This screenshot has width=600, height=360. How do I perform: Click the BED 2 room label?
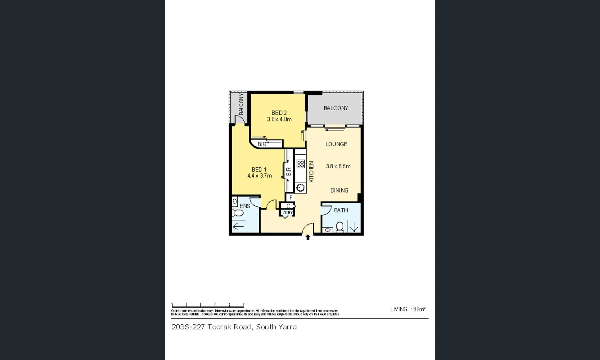click(279, 113)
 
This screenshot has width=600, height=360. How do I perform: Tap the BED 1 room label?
click(259, 170)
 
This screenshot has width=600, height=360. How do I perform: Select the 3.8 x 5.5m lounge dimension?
click(338, 166)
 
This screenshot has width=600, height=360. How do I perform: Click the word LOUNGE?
click(336, 144)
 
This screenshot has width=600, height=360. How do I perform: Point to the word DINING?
click(339, 190)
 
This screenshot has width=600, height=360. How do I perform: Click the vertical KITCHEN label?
click(311, 172)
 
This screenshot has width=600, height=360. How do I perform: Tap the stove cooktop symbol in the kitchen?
click(301, 164)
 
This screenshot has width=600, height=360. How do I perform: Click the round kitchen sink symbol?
click(301, 188)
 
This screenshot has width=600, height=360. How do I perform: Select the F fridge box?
click(291, 198)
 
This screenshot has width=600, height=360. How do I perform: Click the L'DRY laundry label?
click(287, 213)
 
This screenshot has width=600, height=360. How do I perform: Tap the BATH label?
click(341, 210)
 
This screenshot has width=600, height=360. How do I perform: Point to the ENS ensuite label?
click(245, 206)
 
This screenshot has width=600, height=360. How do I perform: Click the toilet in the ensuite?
click(237, 213)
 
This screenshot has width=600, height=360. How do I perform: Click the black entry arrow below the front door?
click(308, 237)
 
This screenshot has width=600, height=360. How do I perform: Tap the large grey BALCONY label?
click(336, 108)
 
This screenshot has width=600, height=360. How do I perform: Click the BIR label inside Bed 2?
click(262, 144)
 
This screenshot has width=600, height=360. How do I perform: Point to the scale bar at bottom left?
click(208, 305)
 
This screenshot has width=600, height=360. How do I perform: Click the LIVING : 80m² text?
click(408, 309)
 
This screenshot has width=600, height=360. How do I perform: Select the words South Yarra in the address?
click(276, 327)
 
